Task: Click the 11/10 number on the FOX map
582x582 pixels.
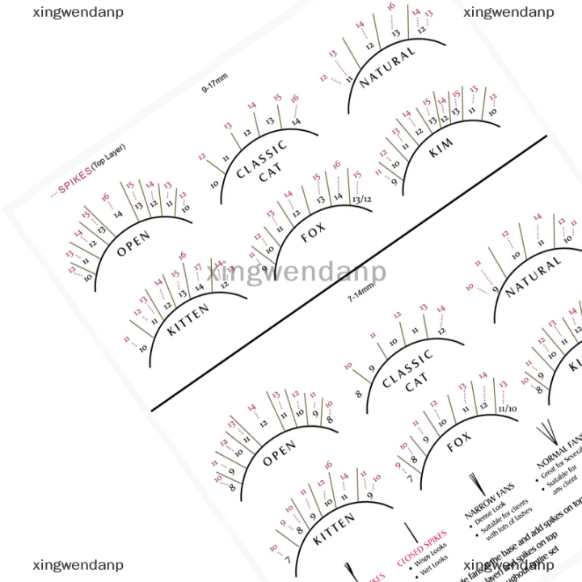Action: tap(507, 409)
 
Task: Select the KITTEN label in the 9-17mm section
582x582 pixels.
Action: tap(188, 318)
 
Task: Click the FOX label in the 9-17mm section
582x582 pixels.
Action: tap(313, 234)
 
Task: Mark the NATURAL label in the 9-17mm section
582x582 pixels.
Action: tap(387, 66)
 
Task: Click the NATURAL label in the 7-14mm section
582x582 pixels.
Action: tap(533, 276)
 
